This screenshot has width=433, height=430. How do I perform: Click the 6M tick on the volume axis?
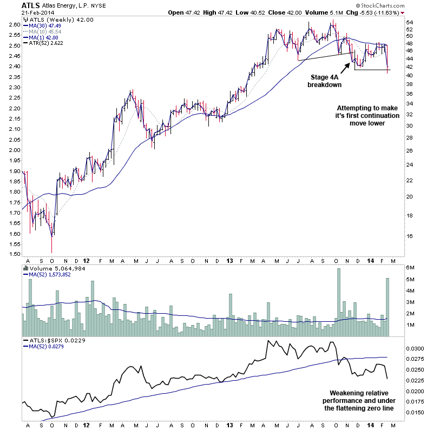pyautogui.click(x=411, y=268)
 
